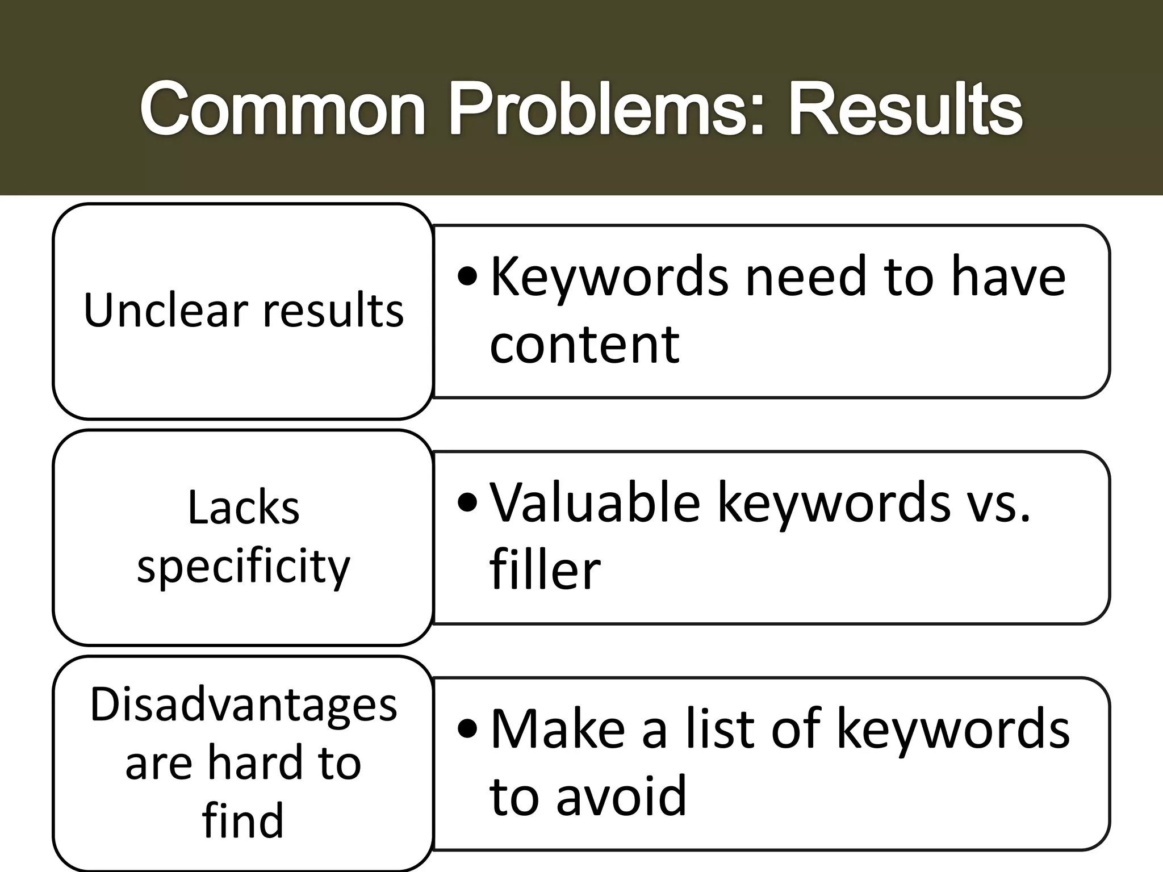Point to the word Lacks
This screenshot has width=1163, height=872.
[x=243, y=507]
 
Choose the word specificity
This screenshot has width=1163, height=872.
[x=243, y=567]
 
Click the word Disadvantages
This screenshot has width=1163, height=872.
[x=243, y=705]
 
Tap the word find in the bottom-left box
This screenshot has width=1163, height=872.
[x=243, y=820]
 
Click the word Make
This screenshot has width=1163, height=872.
[x=558, y=729]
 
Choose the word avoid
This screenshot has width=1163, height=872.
[x=621, y=796]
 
